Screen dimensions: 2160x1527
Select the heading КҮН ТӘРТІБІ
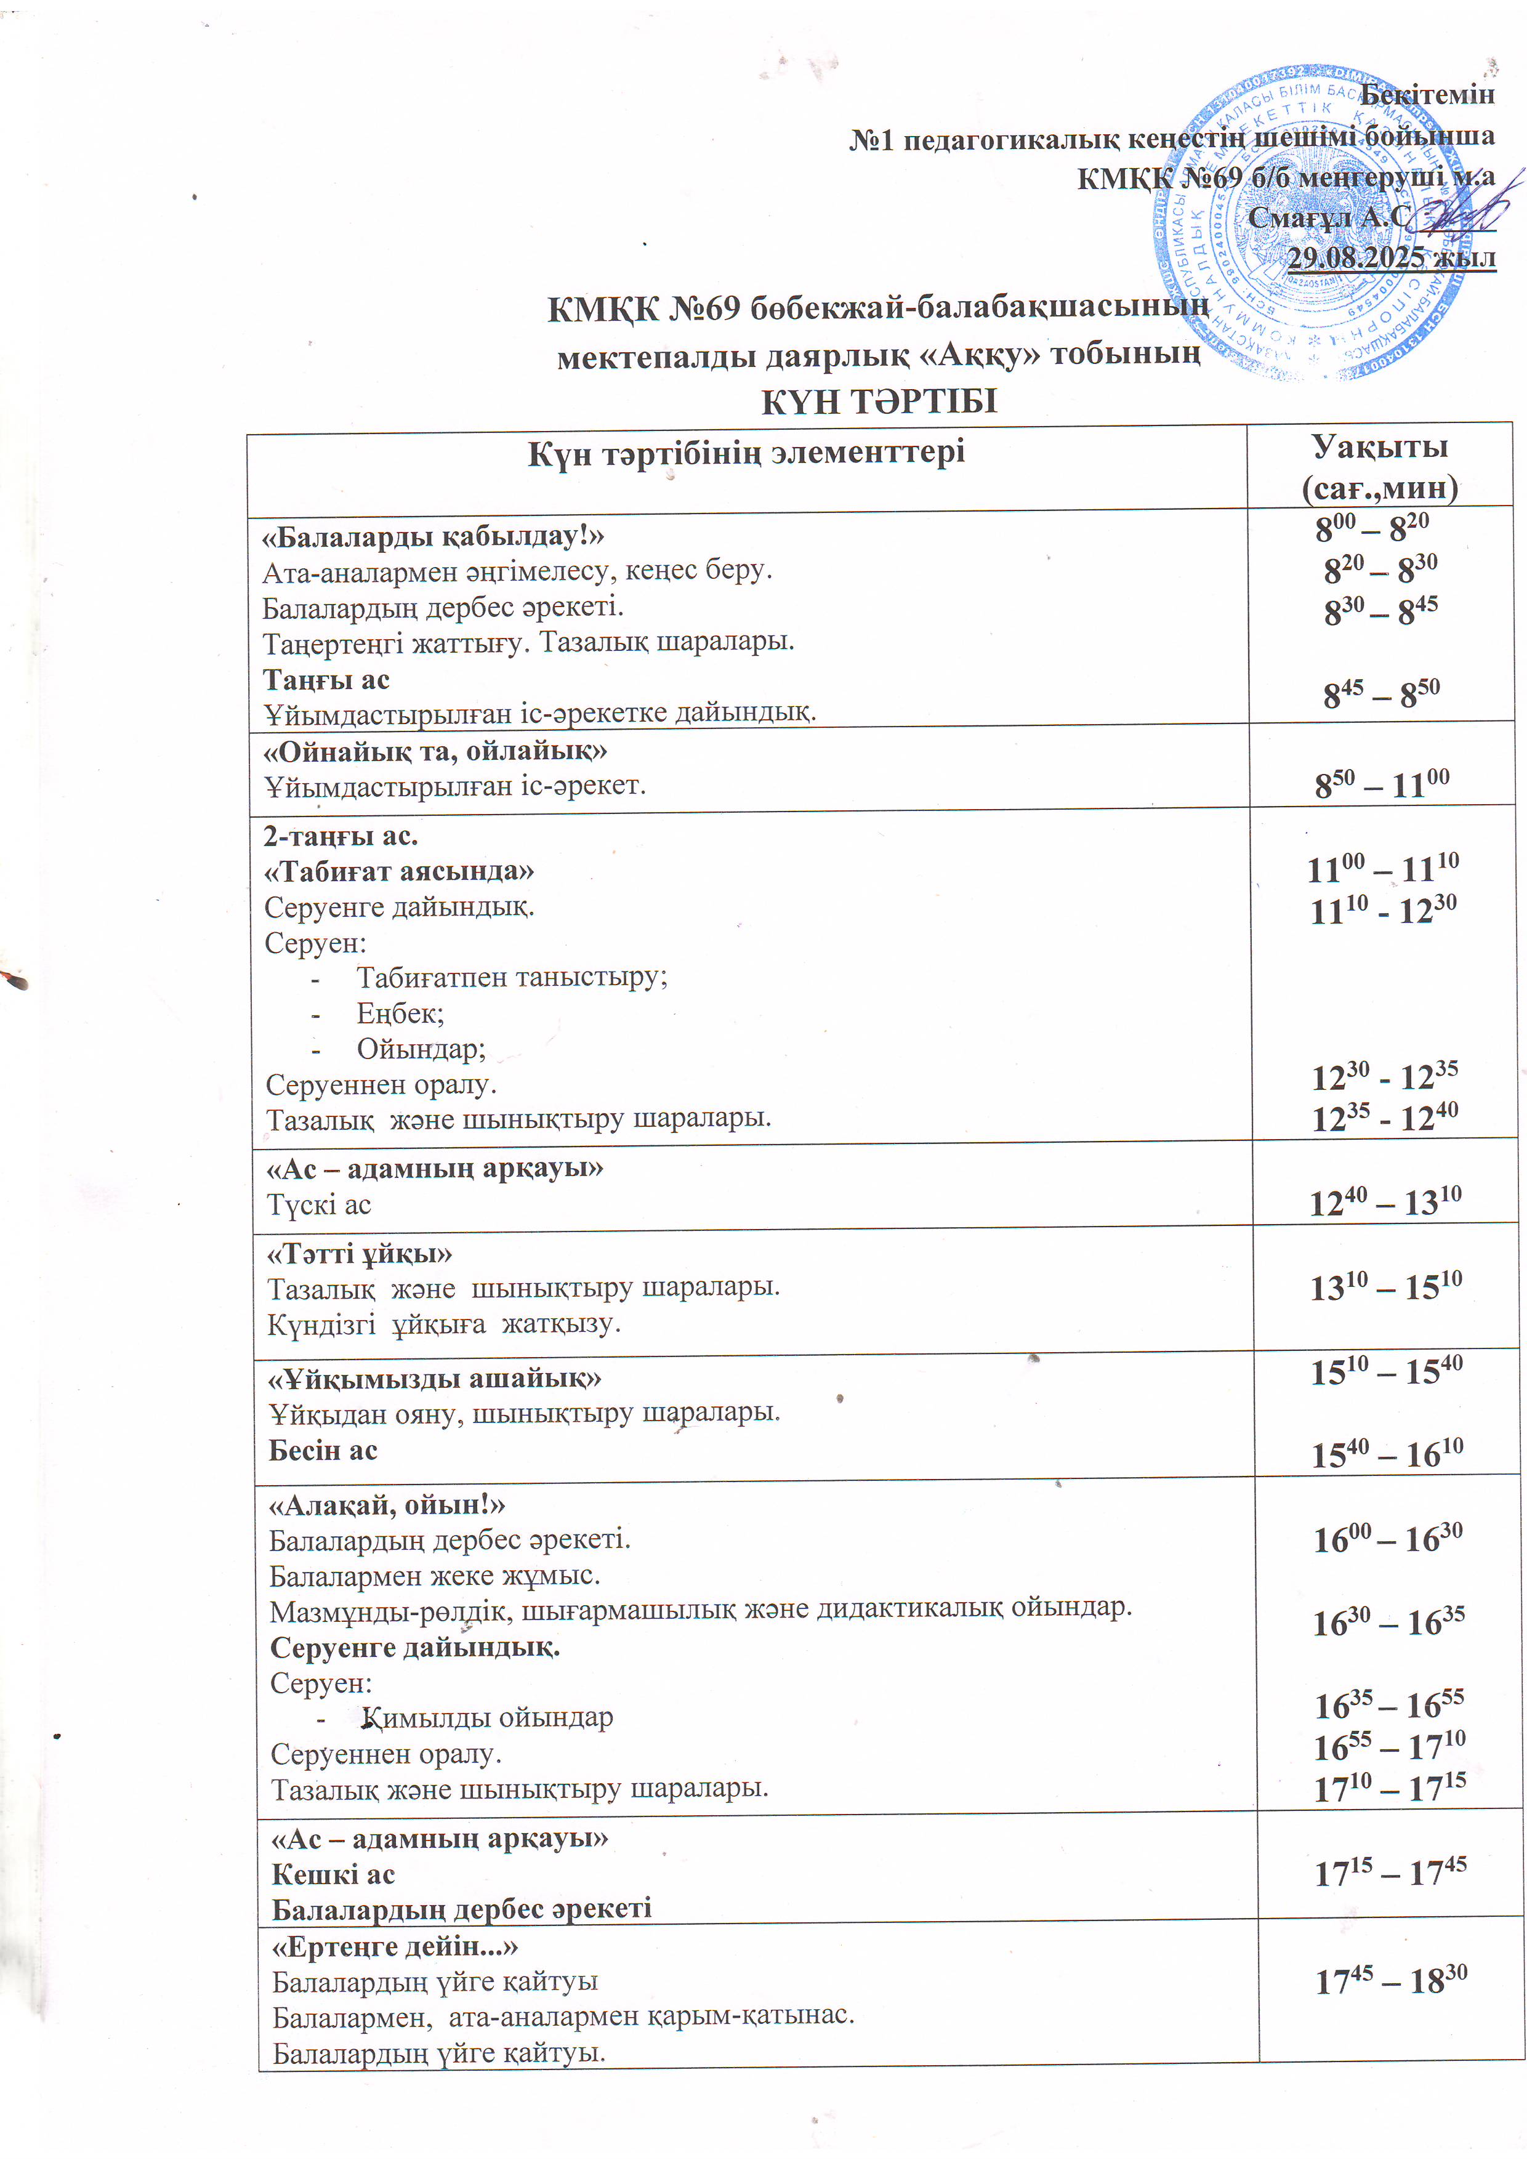click(878, 401)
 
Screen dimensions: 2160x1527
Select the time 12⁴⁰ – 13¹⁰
click(1385, 1201)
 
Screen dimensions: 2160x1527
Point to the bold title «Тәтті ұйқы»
click(360, 1254)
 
